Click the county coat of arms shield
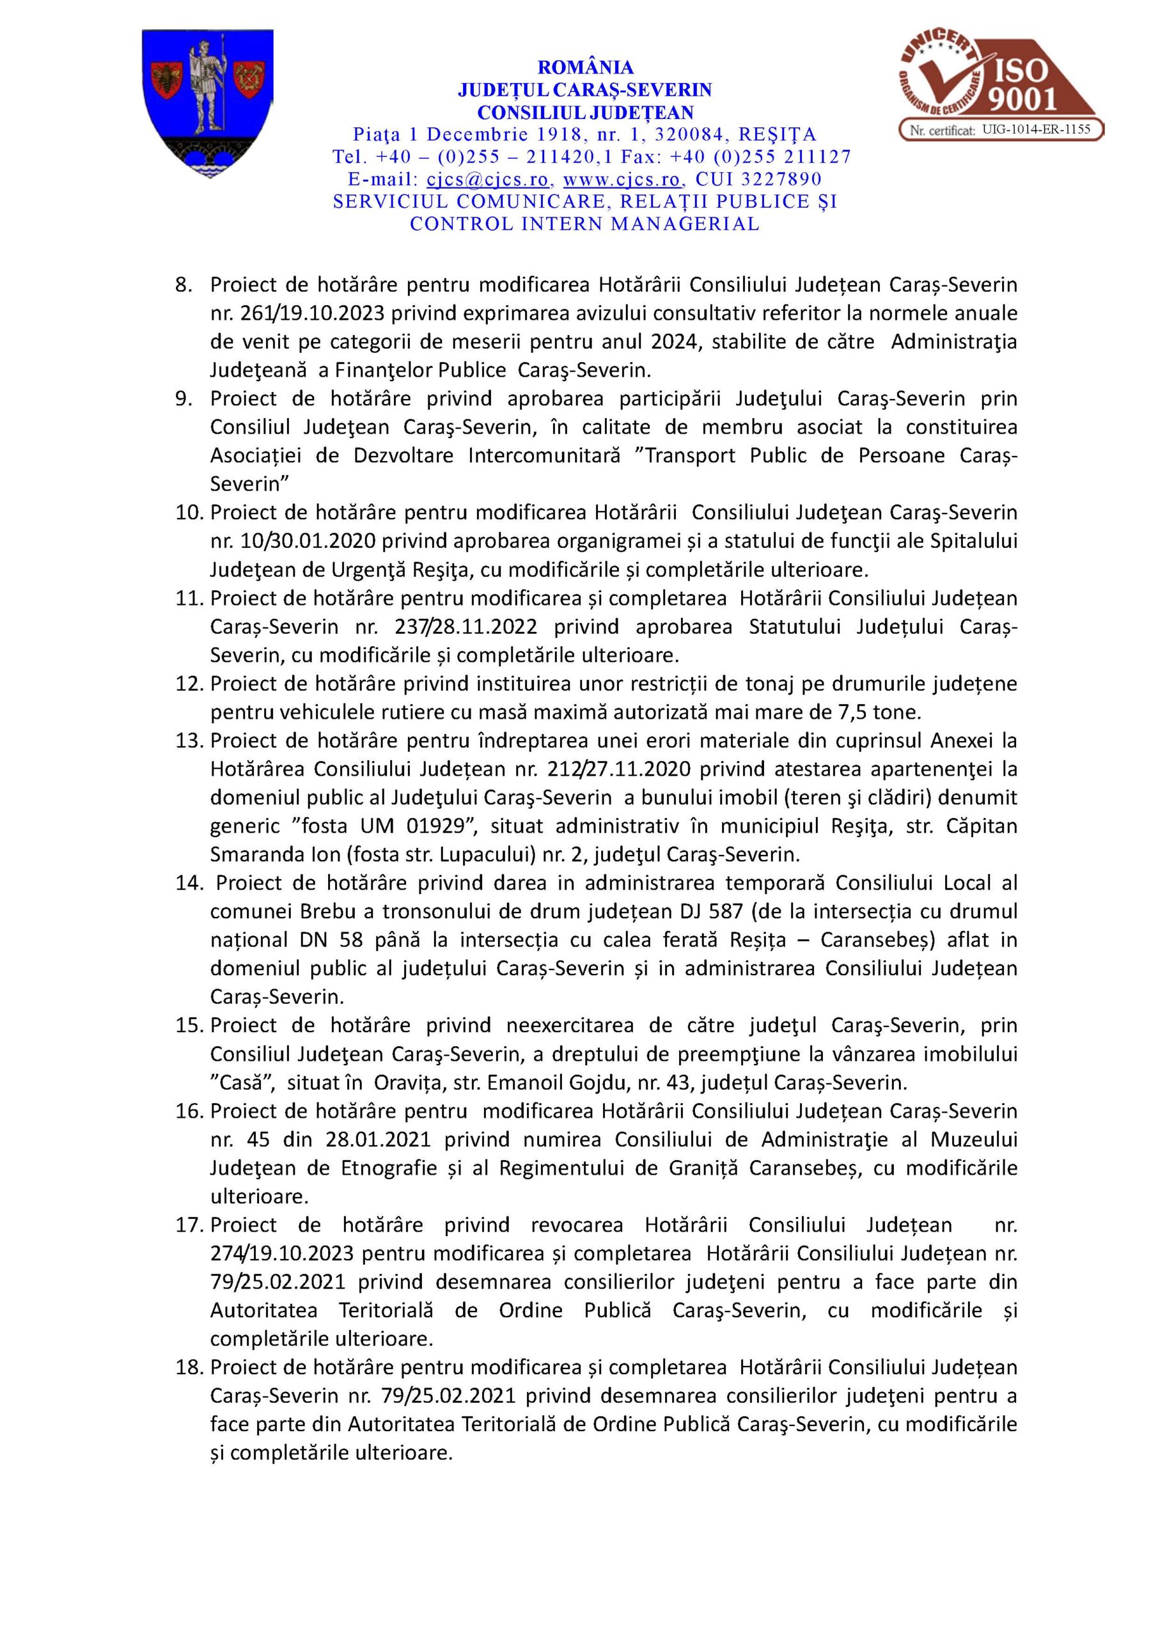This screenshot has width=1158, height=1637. pos(208,103)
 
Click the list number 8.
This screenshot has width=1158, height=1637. pos(184,285)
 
